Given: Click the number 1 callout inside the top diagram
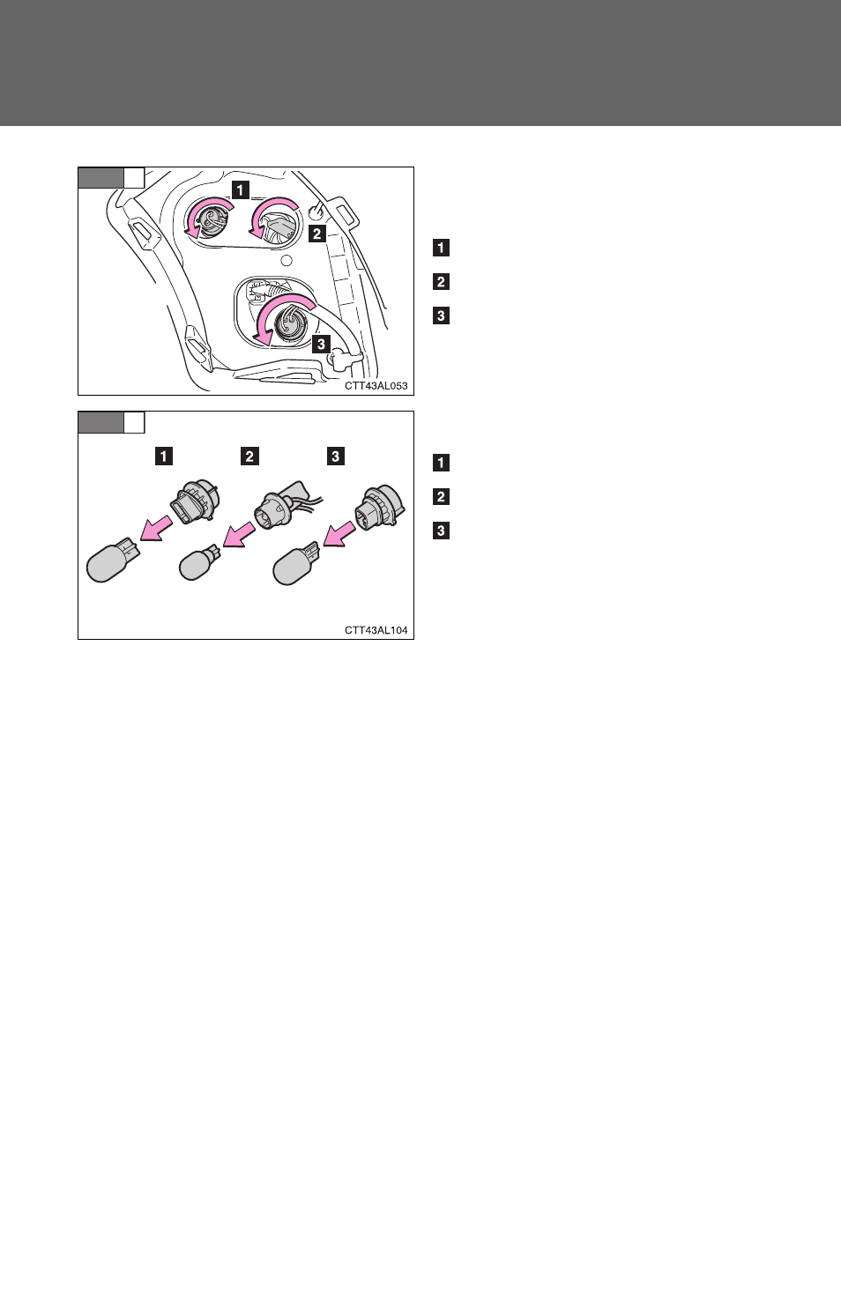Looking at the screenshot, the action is pos(240,189).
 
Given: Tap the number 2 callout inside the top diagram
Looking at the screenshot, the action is pos(316,234).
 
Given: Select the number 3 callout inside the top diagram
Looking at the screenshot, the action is pos(321,344).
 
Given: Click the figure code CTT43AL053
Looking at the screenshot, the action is pos(376,386).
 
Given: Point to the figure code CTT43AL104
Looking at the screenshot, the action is pos(376,630).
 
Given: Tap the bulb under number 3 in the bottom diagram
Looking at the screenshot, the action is pos(296,563).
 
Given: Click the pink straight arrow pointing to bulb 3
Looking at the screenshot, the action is pos(339,533).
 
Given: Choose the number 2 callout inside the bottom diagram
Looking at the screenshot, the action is pos(249,456).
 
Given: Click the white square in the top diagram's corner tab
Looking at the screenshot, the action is pos(134,178).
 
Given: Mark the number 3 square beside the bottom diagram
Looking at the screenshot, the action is pos(441,531).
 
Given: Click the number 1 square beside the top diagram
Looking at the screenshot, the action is pos(441,248).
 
